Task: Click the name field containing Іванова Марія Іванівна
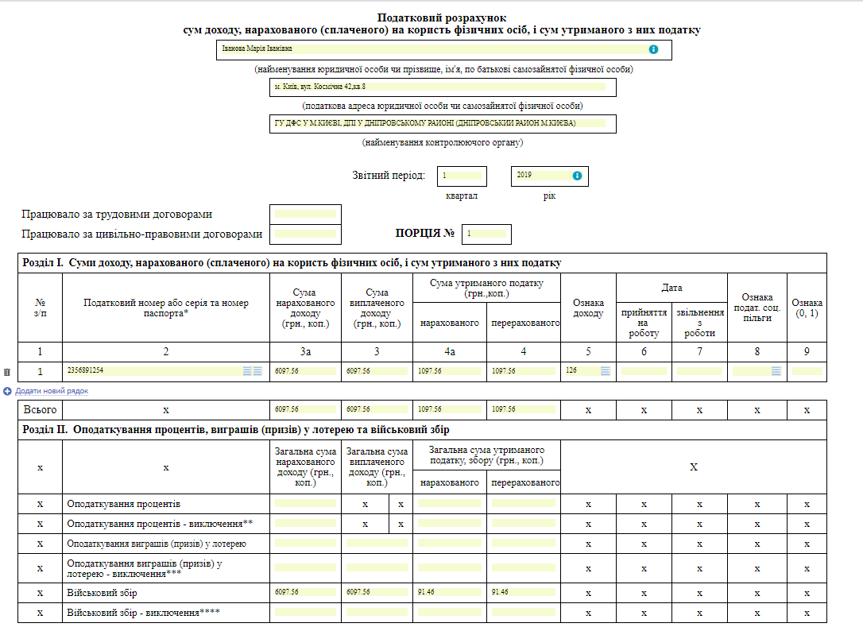pyautogui.click(x=429, y=49)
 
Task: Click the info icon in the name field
pyautogui.click(x=653, y=49)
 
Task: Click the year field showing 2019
pyautogui.click(x=542, y=175)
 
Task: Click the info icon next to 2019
pyautogui.click(x=578, y=176)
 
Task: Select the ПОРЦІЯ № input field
pyautogui.click(x=486, y=234)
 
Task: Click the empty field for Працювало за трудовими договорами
pyautogui.click(x=305, y=214)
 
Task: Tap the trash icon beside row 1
pyautogui.click(x=7, y=372)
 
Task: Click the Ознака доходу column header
pyautogui.click(x=587, y=308)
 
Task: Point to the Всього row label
pyautogui.click(x=41, y=409)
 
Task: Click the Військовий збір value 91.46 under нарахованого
pyautogui.click(x=449, y=592)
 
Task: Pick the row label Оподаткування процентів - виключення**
pyautogui.click(x=160, y=524)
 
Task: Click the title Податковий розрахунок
pyautogui.click(x=441, y=17)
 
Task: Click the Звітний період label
pyautogui.click(x=389, y=176)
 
